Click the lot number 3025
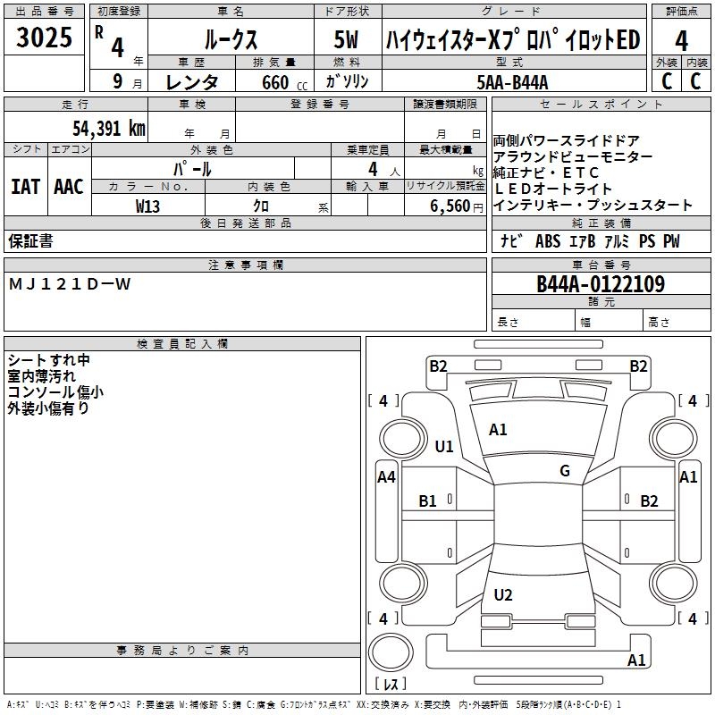[44, 39]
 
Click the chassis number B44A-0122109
[601, 284]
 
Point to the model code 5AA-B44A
[513, 82]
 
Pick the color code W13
[148, 206]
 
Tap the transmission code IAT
[25, 187]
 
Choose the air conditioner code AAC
[68, 187]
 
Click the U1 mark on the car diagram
[443, 447]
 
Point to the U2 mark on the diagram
[503, 595]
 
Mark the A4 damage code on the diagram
[386, 477]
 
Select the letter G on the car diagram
[564, 471]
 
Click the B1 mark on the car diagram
[428, 501]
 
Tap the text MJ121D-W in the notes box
[70, 284]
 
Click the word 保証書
[30, 241]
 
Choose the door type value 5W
[348, 40]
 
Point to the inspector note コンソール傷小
[55, 391]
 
